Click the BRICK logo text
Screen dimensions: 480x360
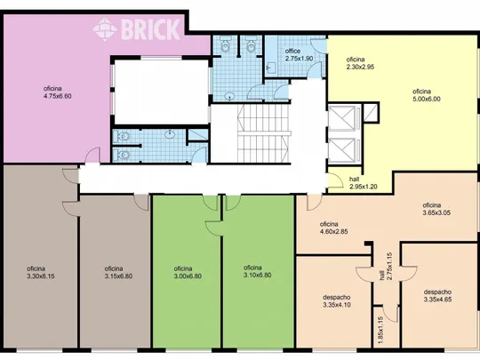point(151,29)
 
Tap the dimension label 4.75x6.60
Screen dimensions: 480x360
point(58,96)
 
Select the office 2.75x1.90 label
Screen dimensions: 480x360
point(299,54)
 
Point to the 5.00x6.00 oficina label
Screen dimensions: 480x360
point(427,95)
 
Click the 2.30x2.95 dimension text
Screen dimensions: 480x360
point(360,67)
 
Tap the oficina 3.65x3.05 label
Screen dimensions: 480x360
point(436,209)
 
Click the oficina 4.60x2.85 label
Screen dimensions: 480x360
point(333,228)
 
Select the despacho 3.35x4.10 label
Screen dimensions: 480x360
point(337,301)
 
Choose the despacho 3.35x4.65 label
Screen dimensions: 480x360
point(437,295)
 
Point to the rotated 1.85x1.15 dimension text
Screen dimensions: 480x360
point(380,330)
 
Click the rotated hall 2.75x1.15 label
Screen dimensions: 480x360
point(386,266)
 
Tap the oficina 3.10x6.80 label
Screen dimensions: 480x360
point(258,271)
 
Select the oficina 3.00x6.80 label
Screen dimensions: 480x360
point(188,273)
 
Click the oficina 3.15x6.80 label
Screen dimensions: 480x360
point(118,273)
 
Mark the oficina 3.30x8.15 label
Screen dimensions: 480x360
point(41,273)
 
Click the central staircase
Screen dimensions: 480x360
point(263,133)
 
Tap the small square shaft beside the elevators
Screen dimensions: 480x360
point(371,113)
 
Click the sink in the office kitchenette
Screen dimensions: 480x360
point(271,67)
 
